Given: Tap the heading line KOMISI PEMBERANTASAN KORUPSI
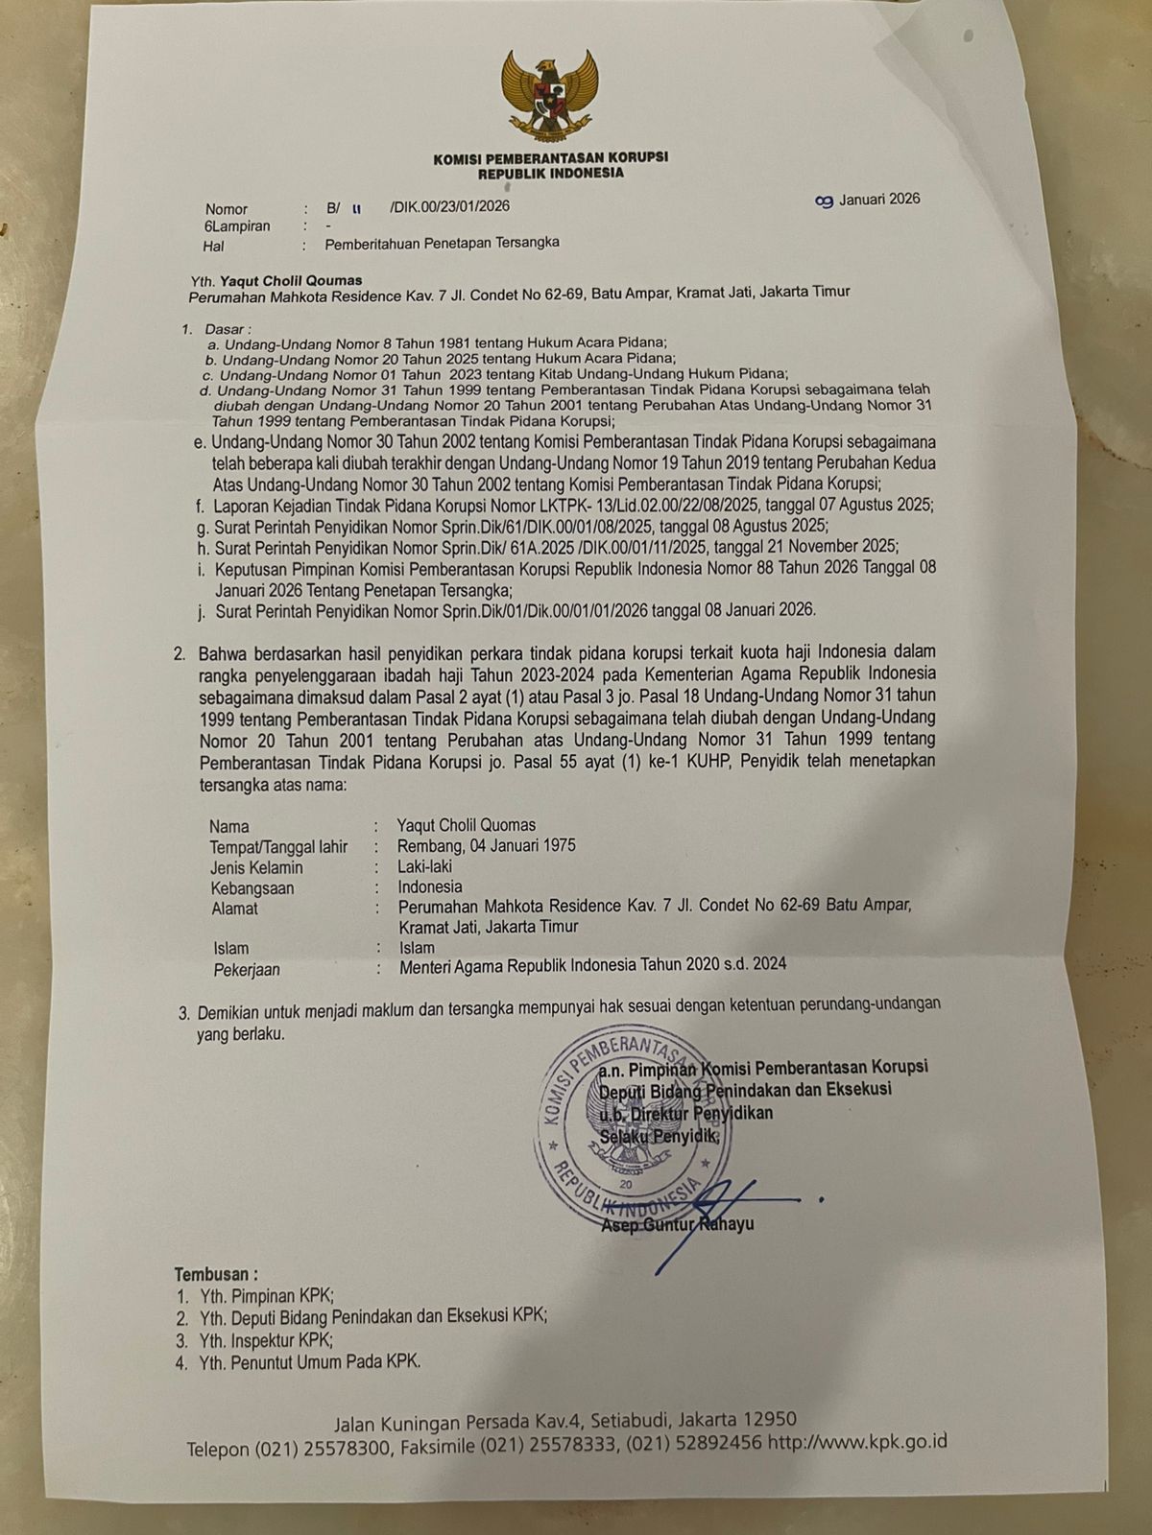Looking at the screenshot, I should (x=551, y=157).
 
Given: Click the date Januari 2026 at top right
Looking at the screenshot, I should (x=878, y=200).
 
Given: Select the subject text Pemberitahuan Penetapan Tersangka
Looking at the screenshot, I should (x=442, y=244).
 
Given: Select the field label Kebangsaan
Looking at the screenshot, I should (x=252, y=888).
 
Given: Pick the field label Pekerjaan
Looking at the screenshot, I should (x=247, y=970).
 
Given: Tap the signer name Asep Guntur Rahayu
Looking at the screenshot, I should (x=677, y=1224).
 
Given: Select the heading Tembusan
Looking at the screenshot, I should (x=216, y=1275).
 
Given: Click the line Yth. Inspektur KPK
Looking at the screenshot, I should (x=266, y=1340).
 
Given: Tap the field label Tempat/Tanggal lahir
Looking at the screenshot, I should (x=279, y=847).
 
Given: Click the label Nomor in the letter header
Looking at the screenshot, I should (x=227, y=209).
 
